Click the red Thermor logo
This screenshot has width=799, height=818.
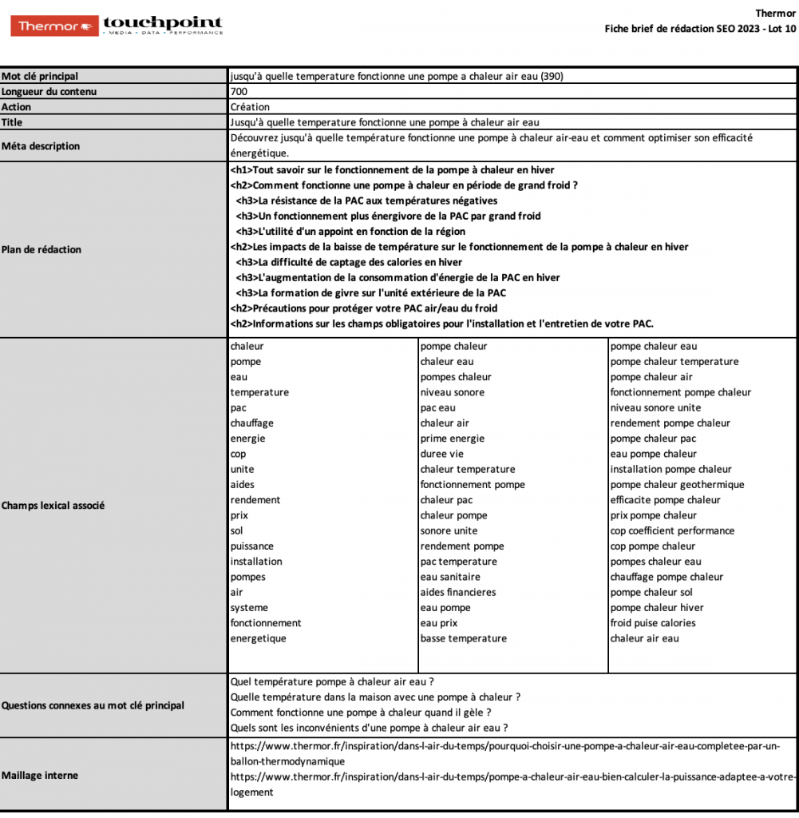point(55,26)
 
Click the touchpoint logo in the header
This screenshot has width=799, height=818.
point(163,26)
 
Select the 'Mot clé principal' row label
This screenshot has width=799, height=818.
point(40,76)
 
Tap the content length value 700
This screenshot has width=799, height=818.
point(238,91)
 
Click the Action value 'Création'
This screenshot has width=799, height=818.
point(250,106)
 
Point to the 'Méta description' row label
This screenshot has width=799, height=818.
point(41,146)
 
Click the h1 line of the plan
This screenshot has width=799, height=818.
point(392,170)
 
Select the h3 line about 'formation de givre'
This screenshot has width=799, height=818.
point(371,292)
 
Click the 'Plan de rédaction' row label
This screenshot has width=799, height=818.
point(42,249)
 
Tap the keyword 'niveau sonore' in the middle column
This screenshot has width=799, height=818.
point(452,392)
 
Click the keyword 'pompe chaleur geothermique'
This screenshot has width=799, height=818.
point(677,484)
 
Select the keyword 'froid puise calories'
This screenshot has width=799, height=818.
point(652,622)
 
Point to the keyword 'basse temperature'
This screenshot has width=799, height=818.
point(463,638)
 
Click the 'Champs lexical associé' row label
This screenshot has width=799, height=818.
point(53,506)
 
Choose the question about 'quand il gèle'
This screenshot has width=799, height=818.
point(360,712)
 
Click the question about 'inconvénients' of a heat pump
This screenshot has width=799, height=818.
point(369,727)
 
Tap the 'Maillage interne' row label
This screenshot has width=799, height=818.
point(40,775)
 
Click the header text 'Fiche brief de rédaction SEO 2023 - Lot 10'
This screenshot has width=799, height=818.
point(700,29)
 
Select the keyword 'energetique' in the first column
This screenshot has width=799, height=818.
point(258,638)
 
